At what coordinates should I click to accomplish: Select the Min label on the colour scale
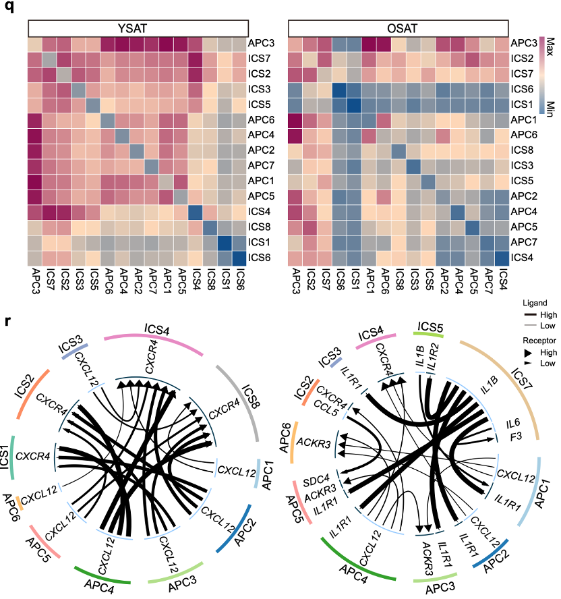click(x=550, y=109)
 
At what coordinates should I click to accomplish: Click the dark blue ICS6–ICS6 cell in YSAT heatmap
click(x=239, y=257)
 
